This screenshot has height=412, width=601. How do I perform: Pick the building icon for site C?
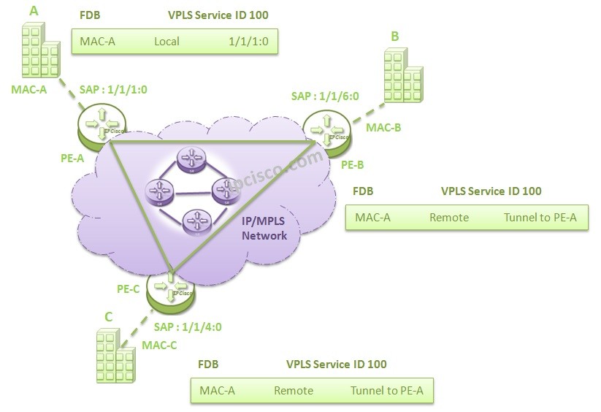coord(115,355)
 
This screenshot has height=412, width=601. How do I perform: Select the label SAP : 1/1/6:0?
coord(324,96)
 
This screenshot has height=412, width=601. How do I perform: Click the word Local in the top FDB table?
coord(166,42)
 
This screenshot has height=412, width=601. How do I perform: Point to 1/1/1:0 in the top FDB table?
coord(250,42)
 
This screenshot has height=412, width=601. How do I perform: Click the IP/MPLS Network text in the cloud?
coord(264,229)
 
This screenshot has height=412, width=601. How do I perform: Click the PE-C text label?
coord(129,288)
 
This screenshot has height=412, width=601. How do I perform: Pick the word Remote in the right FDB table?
coord(448,217)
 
